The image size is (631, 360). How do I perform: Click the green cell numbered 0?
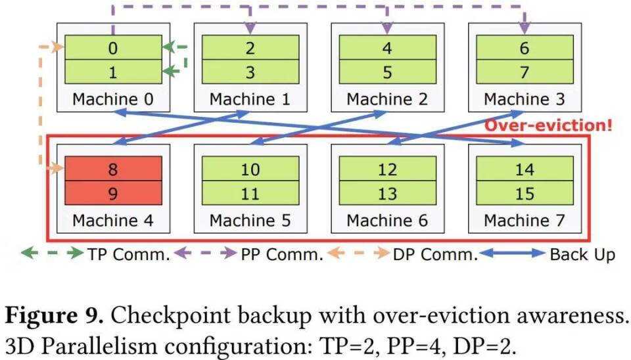(113, 48)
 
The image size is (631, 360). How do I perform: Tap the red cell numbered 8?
(113, 169)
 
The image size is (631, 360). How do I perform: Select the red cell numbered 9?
(113, 194)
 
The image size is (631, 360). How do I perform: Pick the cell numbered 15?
(524, 194)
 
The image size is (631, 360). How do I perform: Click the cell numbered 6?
(524, 48)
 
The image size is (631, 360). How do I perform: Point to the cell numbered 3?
(250, 72)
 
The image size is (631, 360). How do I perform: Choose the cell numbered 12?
(387, 169)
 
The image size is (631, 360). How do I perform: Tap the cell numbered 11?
(250, 194)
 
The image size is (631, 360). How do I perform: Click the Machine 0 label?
(113, 99)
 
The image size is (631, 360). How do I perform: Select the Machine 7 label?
(524, 221)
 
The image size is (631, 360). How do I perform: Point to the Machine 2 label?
(387, 99)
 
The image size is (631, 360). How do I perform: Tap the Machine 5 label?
(250, 221)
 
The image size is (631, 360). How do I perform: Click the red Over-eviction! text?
(548, 125)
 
